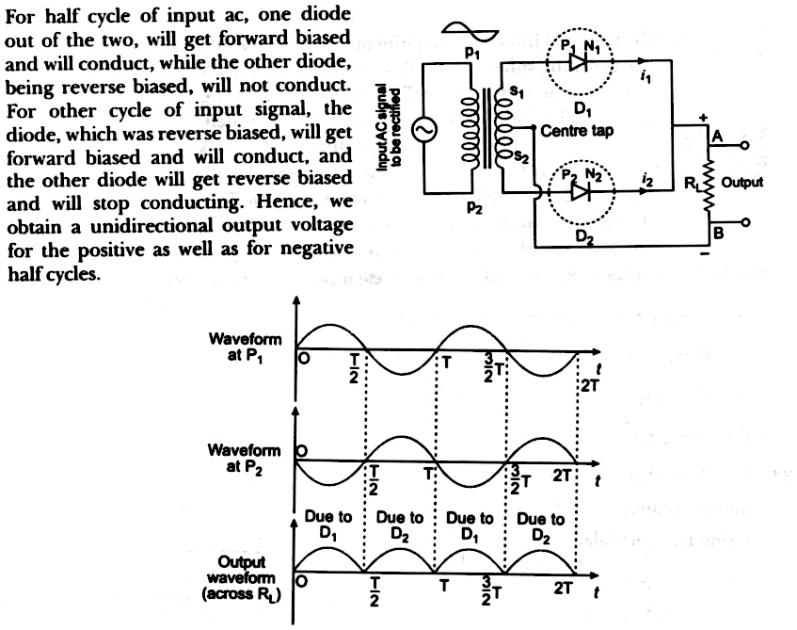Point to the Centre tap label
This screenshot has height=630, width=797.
(x=577, y=132)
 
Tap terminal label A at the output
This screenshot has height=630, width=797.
(x=716, y=137)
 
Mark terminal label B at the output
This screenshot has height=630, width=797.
(x=716, y=233)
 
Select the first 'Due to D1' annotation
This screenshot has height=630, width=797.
(x=328, y=525)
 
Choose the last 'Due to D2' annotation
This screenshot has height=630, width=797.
(x=542, y=525)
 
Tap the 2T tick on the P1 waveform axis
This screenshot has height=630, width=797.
(x=587, y=383)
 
